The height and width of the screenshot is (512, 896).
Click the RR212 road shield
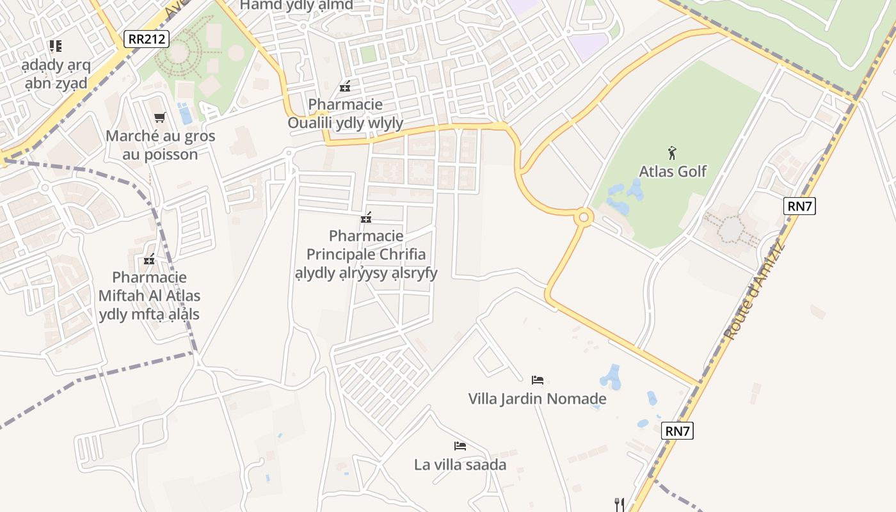(147, 39)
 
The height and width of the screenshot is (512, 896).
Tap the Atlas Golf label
(673, 172)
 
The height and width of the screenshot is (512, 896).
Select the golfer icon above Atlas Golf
(672, 153)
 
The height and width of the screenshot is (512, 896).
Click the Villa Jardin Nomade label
(537, 399)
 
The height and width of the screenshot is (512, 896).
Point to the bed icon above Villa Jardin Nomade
(538, 380)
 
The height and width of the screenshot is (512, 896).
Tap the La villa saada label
(460, 465)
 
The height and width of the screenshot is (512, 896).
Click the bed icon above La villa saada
(460, 445)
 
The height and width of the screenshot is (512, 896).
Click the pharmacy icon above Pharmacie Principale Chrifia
(366, 218)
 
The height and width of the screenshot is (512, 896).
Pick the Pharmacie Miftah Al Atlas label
(149, 296)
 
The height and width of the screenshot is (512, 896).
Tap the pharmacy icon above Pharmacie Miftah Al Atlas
(150, 260)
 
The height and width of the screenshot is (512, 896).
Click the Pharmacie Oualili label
(345, 113)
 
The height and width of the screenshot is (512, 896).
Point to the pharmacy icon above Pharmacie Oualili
(345, 86)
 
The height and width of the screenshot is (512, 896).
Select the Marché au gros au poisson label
(160, 145)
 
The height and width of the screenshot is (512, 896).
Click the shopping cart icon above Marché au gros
(160, 117)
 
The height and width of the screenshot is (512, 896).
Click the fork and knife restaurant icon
(619, 504)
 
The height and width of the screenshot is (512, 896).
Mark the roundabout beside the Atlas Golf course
(583, 218)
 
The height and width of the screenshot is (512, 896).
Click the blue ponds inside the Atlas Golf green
(624, 196)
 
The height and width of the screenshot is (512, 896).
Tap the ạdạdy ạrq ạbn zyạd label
(56, 74)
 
